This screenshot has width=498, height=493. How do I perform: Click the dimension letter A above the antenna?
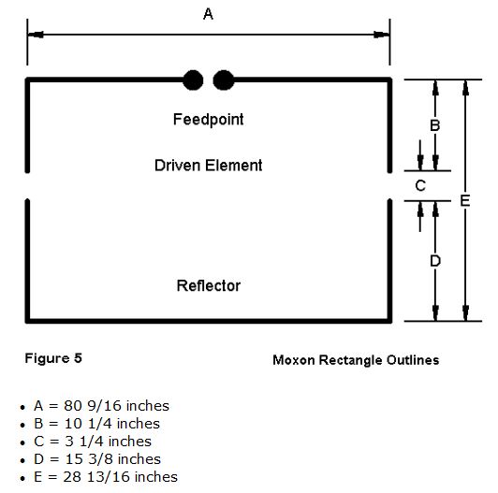(208, 14)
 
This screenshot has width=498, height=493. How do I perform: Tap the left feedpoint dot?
(193, 80)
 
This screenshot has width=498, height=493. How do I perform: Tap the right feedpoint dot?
(224, 80)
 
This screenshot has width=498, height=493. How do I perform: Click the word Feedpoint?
(209, 120)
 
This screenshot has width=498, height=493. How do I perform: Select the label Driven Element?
(209, 166)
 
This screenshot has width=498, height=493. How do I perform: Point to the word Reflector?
(209, 285)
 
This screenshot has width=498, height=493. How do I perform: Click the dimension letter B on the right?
(435, 125)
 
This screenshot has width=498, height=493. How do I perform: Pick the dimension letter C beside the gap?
(420, 185)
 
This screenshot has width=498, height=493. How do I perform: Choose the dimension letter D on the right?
(435, 261)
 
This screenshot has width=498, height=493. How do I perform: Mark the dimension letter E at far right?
(465, 201)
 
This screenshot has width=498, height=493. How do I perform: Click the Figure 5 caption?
(53, 358)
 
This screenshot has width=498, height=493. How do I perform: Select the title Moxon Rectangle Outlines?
(356, 360)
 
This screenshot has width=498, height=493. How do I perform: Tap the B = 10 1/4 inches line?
(96, 424)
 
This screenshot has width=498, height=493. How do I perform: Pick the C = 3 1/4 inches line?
(93, 442)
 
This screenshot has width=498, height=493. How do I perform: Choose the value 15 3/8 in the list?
(90, 459)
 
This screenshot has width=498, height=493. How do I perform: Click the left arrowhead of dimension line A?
(36, 35)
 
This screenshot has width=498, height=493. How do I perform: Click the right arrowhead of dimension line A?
(381, 35)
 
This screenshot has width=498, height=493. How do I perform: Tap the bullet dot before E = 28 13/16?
(22, 478)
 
